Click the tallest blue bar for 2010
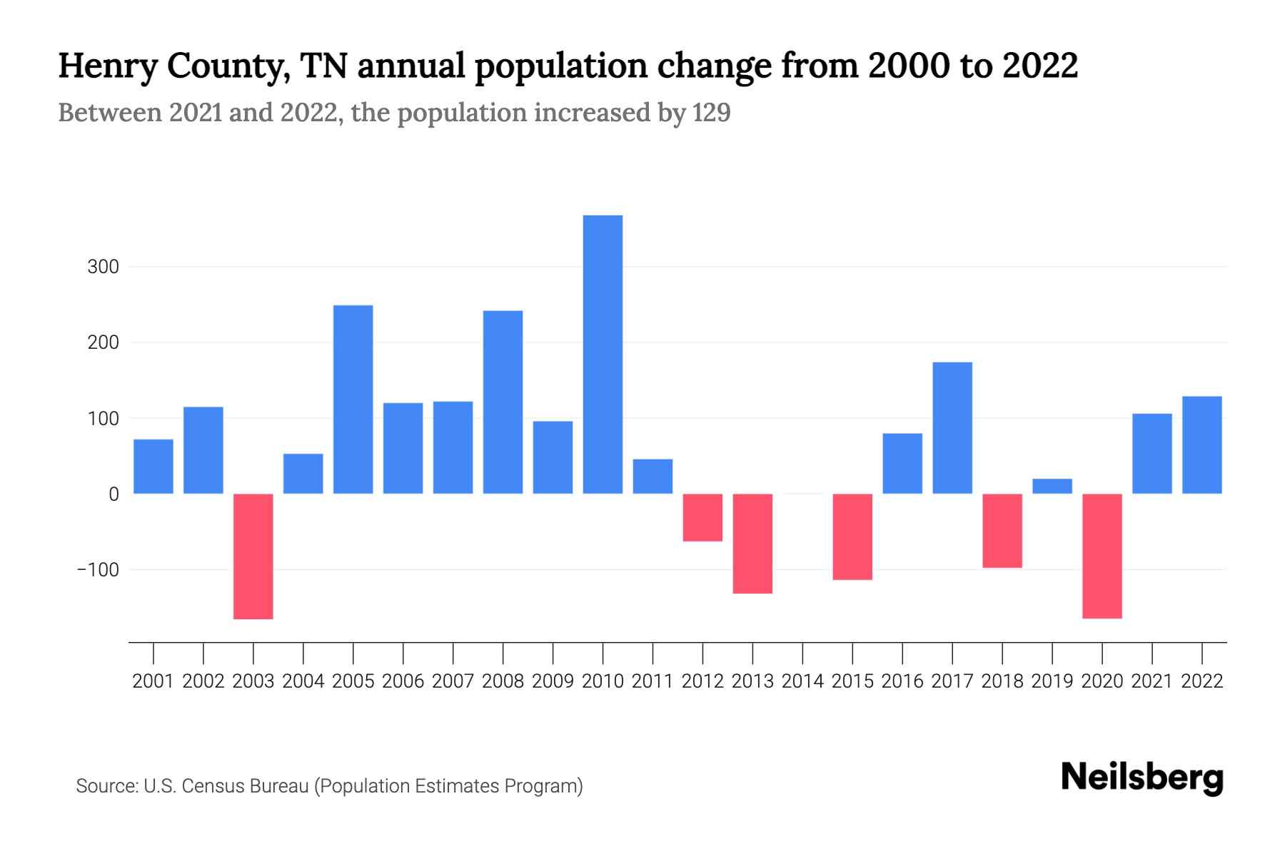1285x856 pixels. pos(603,355)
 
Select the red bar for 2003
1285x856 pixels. pos(253,556)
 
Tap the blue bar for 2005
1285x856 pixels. pos(353,399)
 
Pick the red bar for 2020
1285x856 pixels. pos(1102,556)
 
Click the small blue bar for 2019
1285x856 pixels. pos(1052,486)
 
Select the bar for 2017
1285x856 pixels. pos(952,428)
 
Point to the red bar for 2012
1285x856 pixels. pos(702,517)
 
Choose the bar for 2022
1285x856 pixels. pos(1202,445)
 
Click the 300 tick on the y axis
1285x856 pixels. pos(103,267)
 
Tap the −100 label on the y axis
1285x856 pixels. pos(99,570)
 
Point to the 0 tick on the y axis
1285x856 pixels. pos(114,494)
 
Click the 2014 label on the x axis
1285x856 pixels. pos(802,681)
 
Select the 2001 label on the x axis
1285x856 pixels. pos(153,681)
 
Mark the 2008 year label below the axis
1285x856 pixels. pos(503,681)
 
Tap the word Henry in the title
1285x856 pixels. pos(107,66)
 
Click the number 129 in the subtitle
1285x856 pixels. pos(711,113)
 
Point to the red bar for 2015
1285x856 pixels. pos(852,536)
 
